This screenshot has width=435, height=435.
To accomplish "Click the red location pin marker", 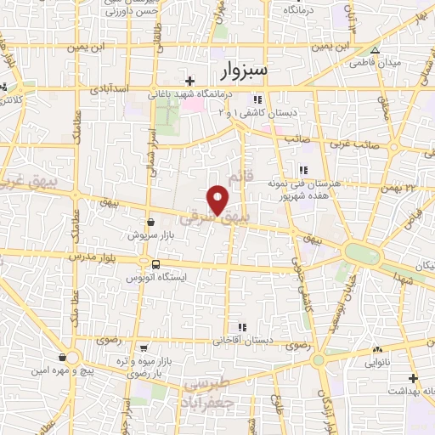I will (x=219, y=201).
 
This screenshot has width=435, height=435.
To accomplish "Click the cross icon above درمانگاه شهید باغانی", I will (x=190, y=82).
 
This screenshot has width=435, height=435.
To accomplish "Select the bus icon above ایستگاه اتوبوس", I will (x=153, y=264).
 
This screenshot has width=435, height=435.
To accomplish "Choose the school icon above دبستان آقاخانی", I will (x=243, y=326).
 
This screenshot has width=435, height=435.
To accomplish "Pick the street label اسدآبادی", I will (x=107, y=88).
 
